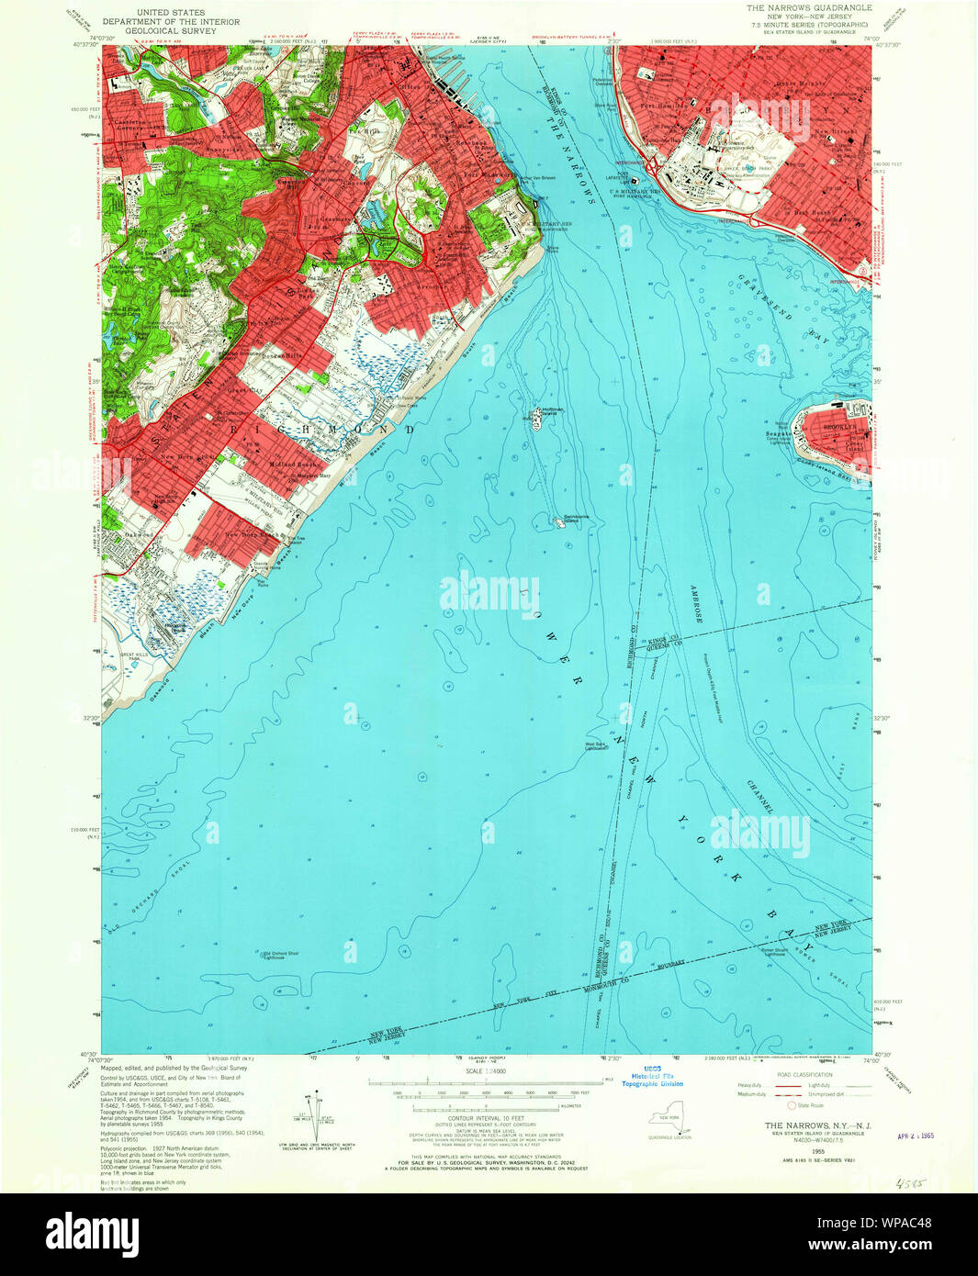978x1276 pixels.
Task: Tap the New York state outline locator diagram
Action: (x=666, y=1119)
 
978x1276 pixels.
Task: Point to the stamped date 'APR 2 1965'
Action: (x=921, y=1135)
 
